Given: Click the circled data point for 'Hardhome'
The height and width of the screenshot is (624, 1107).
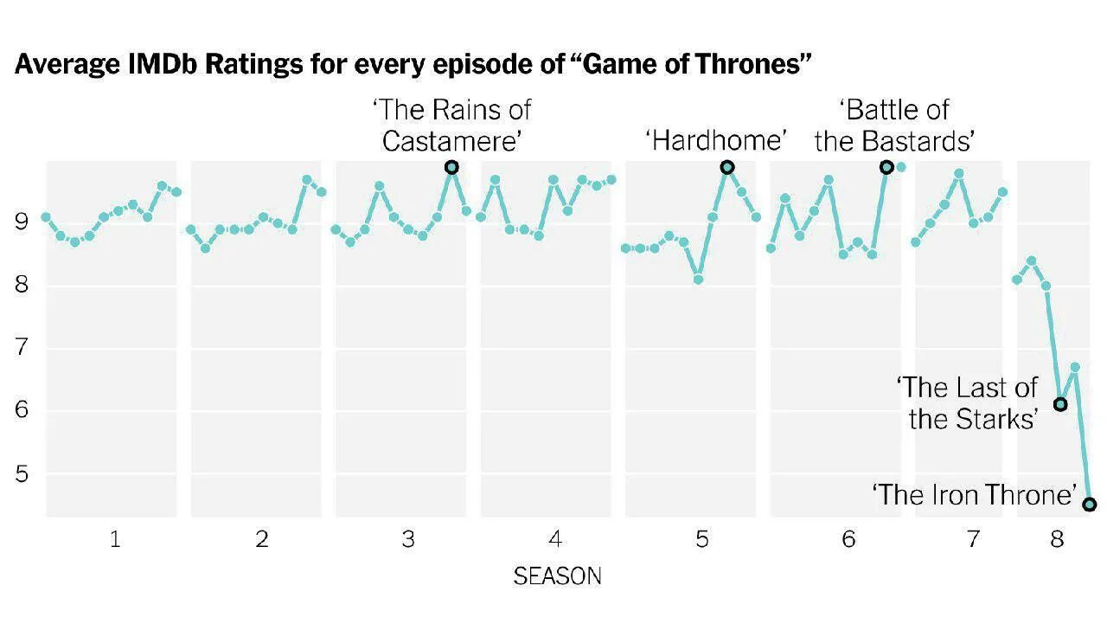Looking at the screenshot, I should coord(727,167).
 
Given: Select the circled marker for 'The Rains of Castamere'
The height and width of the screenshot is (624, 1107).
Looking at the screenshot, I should coord(451,167).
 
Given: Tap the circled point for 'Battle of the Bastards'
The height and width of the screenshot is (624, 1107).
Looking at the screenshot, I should coord(886,167).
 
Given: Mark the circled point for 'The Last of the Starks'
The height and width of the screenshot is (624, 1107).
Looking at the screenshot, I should coord(1060,404).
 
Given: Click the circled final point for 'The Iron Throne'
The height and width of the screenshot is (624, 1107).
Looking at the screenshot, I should coord(1090,505).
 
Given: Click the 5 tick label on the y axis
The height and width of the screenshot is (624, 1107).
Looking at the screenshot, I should coord(22,474).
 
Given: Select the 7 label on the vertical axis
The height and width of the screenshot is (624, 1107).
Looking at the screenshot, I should coord(22,348).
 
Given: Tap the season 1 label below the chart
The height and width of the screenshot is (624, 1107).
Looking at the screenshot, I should coord(115,540).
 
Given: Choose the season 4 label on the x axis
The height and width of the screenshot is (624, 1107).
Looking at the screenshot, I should coord(555,540).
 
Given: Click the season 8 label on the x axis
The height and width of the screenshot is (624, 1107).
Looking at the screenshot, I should coord(1057,540).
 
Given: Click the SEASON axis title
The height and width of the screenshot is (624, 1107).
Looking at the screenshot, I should coord(557,576).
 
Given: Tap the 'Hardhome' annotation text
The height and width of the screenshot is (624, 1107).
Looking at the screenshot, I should coord(716,140).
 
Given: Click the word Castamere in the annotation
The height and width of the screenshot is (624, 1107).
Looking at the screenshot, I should coord(453,141).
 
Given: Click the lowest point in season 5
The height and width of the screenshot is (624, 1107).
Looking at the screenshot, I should coord(698,280).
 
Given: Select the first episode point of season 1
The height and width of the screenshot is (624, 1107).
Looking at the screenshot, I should coord(46,217).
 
